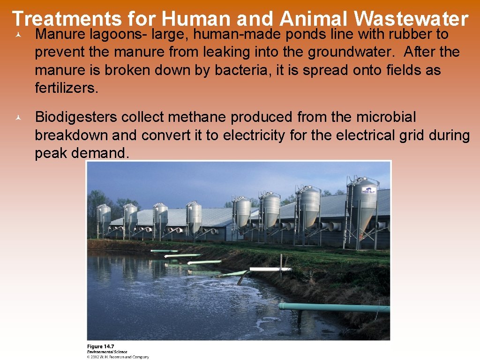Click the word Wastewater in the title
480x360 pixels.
[411, 19]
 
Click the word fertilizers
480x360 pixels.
[67, 88]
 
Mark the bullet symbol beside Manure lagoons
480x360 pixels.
[17, 35]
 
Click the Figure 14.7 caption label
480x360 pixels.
[101, 347]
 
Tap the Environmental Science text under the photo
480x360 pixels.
[107, 352]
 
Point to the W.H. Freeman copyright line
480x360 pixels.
[118, 357]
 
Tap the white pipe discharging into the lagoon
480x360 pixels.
[270, 269]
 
